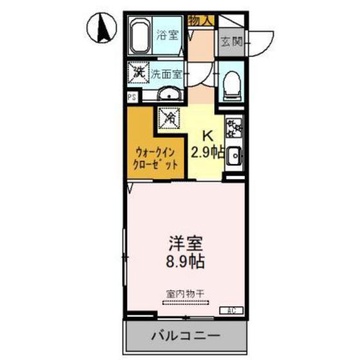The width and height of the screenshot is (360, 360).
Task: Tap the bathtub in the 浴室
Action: coord(140,38)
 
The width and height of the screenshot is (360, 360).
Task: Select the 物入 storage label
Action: coord(201,21)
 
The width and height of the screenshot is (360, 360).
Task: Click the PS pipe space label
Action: coord(131,98)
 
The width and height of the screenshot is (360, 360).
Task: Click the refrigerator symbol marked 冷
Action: coord(170,118)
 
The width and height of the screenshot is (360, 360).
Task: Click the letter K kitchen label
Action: coord(208,136)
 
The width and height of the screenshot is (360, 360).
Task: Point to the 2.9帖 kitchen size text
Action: coord(208,152)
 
